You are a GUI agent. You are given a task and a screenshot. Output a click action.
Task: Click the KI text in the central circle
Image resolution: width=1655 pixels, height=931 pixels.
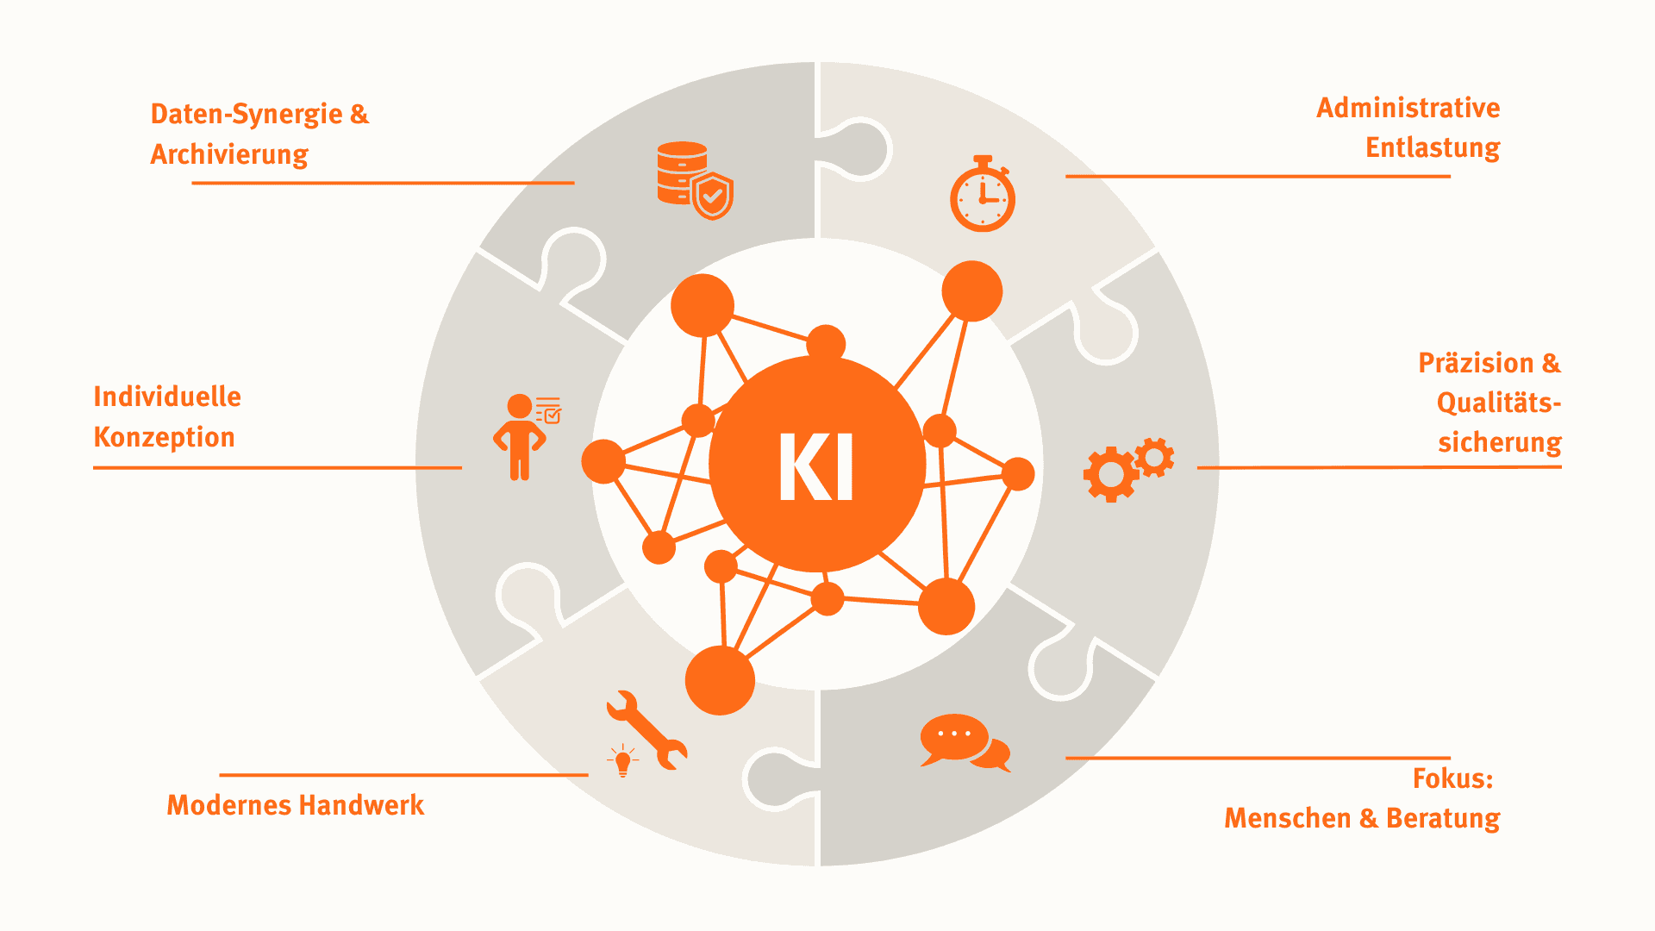(x=816, y=466)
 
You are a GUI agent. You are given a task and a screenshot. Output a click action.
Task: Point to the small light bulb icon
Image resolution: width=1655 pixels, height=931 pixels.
(x=622, y=761)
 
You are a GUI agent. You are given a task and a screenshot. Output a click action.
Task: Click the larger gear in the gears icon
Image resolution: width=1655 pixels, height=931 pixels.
(x=1110, y=474)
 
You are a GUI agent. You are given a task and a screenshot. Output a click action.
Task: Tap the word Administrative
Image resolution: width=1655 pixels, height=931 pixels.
(x=1408, y=108)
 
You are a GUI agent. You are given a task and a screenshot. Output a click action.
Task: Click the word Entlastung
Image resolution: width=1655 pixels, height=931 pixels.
(x=1433, y=147)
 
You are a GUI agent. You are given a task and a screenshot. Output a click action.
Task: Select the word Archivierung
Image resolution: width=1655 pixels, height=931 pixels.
(x=229, y=154)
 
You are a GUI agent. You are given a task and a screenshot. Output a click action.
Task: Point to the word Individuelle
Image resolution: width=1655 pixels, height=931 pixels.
(x=167, y=397)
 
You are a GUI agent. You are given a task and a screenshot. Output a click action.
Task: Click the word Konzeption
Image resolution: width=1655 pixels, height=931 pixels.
(x=164, y=437)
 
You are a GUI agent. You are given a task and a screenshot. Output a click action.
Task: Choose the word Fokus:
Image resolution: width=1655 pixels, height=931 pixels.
(x=1452, y=778)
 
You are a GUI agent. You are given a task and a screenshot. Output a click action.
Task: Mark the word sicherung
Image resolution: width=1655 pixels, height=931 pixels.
(x=1499, y=442)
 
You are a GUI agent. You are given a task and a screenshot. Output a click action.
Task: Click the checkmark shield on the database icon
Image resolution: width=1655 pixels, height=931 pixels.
(x=713, y=197)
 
